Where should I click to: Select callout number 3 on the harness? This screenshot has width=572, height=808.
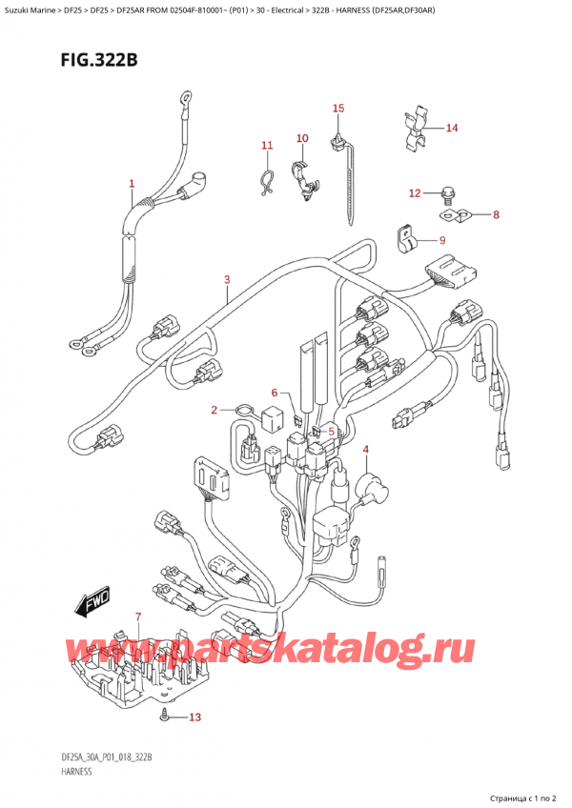(x=227, y=279)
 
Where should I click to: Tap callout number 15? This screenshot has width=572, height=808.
(x=337, y=109)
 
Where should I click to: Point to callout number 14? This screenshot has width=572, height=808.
(x=452, y=128)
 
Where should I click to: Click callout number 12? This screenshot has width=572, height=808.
(x=414, y=194)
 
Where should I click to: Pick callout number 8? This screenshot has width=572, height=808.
(x=496, y=215)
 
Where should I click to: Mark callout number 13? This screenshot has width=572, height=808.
(x=196, y=717)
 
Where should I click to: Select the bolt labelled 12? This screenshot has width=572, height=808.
(x=445, y=197)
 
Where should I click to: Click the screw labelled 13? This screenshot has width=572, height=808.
(x=167, y=716)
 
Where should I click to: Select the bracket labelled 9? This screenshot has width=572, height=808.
(x=405, y=237)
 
